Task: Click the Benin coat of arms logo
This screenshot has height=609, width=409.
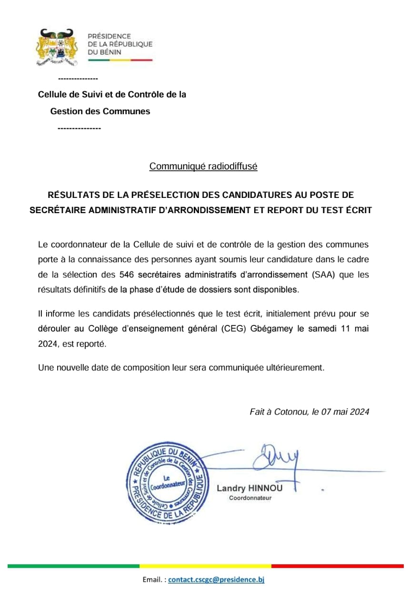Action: click(x=57, y=47)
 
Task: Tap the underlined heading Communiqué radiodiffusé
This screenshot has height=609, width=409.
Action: click(x=203, y=167)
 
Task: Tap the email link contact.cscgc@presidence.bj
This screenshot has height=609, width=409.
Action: click(x=216, y=580)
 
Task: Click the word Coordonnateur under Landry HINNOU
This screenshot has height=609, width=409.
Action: click(x=250, y=498)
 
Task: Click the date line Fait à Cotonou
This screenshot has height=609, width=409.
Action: click(x=309, y=412)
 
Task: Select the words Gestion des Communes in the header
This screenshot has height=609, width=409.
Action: click(x=100, y=111)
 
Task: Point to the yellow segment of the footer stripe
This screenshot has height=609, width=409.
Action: click(x=205, y=566)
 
